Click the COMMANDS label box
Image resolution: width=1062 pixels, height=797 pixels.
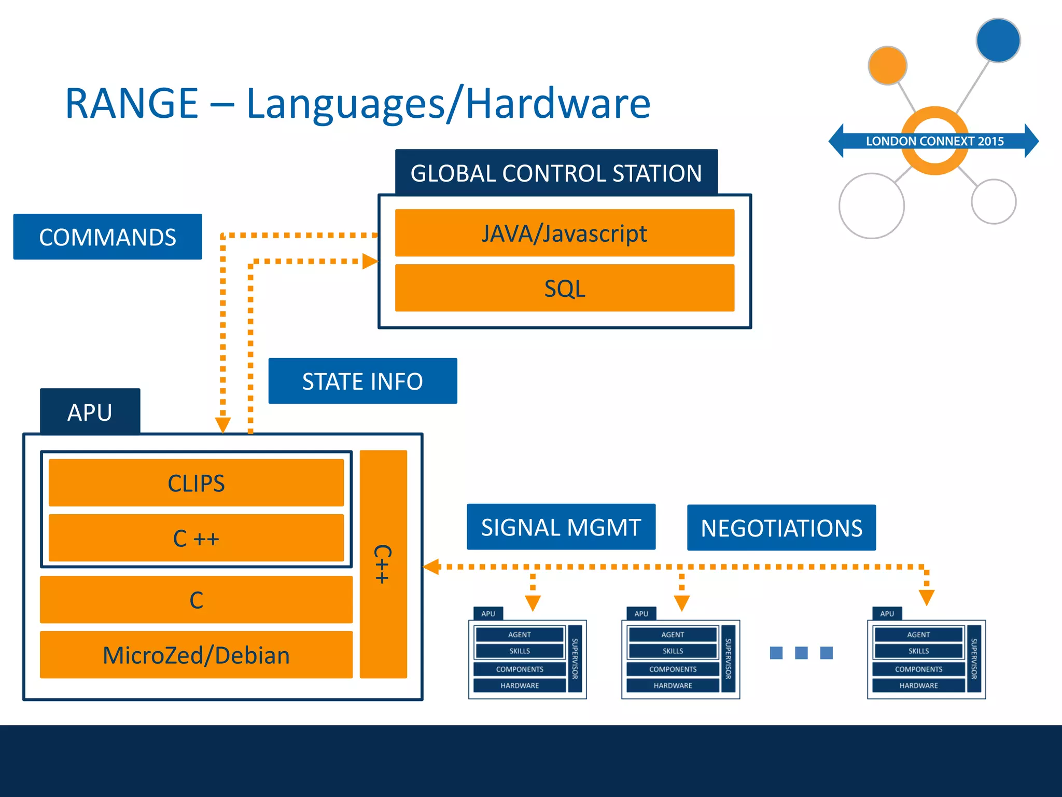[x=107, y=237]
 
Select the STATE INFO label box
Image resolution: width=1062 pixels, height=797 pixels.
[x=362, y=381]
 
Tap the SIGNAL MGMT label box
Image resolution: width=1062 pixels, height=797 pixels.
[x=561, y=527]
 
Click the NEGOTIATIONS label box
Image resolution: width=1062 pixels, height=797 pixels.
[x=781, y=528]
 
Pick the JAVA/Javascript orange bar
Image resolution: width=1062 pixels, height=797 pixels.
[x=564, y=233]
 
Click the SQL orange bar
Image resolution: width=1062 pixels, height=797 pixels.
[x=564, y=288]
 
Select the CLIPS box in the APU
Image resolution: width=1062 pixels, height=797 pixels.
[x=196, y=483]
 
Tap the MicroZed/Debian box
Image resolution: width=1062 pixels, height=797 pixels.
[x=196, y=655]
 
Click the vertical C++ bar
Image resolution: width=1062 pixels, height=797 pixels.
[x=383, y=564]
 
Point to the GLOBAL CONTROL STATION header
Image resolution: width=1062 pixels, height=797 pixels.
[x=556, y=173]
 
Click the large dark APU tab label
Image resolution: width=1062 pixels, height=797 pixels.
[x=90, y=412]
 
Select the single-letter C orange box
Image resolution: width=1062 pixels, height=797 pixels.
[x=196, y=600]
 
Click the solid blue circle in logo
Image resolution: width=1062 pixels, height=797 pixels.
[x=998, y=40]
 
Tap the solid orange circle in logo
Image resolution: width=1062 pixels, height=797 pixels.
[x=887, y=65]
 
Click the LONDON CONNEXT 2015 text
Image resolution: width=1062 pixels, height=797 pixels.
[x=934, y=141]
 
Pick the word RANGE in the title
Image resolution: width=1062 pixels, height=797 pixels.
[x=132, y=103]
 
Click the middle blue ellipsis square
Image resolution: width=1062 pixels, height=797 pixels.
[x=801, y=653]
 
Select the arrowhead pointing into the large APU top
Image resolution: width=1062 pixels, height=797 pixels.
[x=222, y=425]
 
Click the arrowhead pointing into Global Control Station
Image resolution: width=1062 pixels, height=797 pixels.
[x=370, y=262]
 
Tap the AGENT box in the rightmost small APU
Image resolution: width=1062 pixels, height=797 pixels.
[x=918, y=635]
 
